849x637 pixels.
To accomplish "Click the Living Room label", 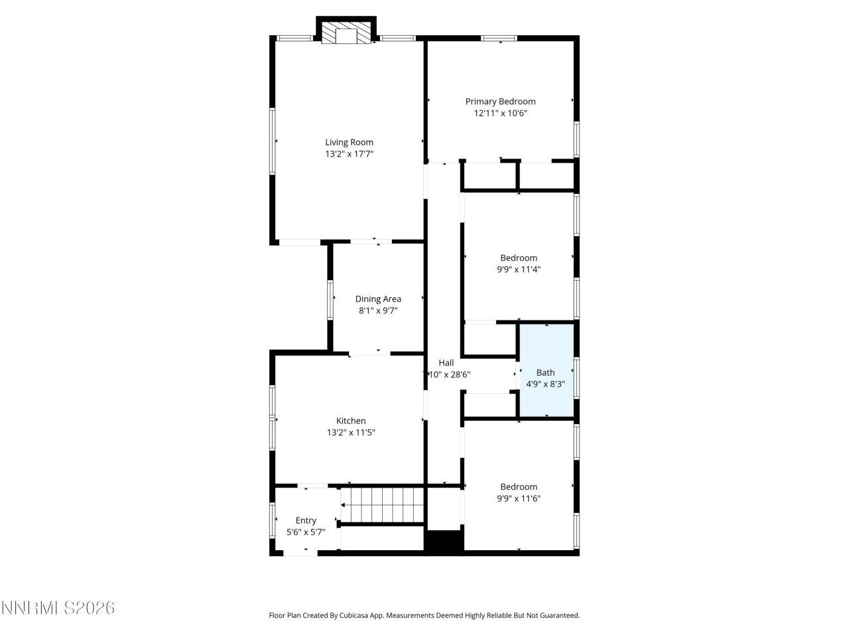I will point(349,142).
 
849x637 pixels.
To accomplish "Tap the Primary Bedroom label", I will point(500,102).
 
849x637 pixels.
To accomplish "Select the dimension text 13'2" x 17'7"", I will point(349,154).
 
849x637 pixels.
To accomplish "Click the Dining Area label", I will point(378,299).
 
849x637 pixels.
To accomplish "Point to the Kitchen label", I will point(351,421).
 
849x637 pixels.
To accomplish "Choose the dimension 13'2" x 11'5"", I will point(351,433).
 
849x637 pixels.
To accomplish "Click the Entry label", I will point(306,520).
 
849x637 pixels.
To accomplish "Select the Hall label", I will point(446,363).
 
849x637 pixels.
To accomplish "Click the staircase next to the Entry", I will point(382,505).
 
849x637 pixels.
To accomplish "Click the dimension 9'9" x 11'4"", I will point(519,269).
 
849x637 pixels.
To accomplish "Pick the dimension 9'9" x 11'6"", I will point(519,498).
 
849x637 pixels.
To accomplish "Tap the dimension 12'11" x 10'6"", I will point(500,113).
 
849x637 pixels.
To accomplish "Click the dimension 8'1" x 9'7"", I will point(378,311).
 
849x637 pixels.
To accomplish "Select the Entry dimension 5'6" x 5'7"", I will point(306,532).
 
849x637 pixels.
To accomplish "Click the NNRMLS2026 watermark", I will point(58,608).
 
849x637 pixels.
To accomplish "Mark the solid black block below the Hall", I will point(444,541).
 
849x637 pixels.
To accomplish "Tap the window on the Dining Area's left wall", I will point(330,300).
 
